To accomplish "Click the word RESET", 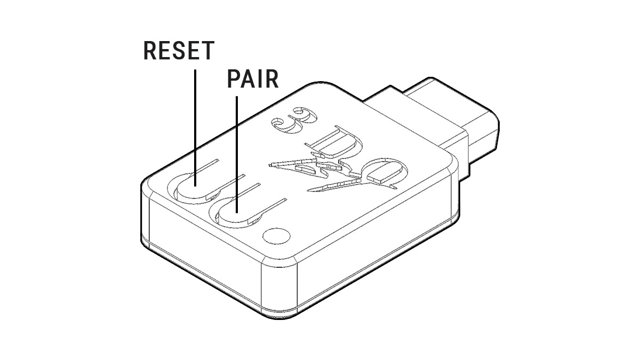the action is tap(179, 51).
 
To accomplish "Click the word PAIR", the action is tap(252, 79).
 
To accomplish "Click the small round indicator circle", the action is tap(276, 234).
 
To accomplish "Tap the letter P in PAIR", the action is tap(234, 79).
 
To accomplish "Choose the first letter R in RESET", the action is tap(151, 51).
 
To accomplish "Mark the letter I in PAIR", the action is tap(260, 79).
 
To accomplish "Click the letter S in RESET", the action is tap(179, 51).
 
